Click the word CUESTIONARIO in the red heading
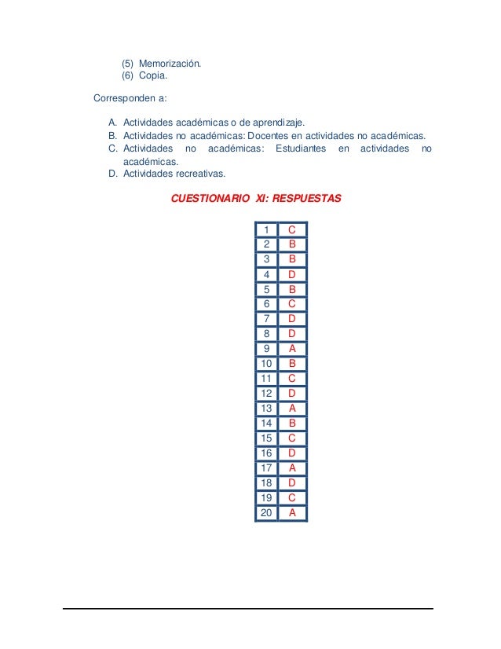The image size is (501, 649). click(210, 199)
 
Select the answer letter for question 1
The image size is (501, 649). click(291, 229)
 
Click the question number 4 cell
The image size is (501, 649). click(267, 274)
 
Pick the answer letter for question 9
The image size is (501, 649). click(291, 349)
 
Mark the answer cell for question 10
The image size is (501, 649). click(291, 364)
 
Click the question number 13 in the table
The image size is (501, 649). click(266, 409)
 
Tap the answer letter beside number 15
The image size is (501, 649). click(291, 438)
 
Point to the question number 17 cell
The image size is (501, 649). click(266, 468)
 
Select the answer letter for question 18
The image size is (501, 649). click(291, 483)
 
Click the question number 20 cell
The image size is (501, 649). click(266, 513)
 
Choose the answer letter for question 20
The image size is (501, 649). click(291, 513)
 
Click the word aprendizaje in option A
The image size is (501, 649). click(278, 123)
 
